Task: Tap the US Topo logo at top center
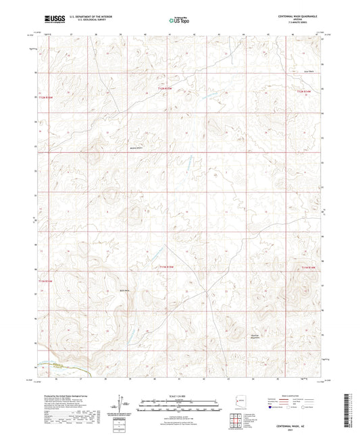(179, 21)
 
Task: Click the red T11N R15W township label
(166, 268)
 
